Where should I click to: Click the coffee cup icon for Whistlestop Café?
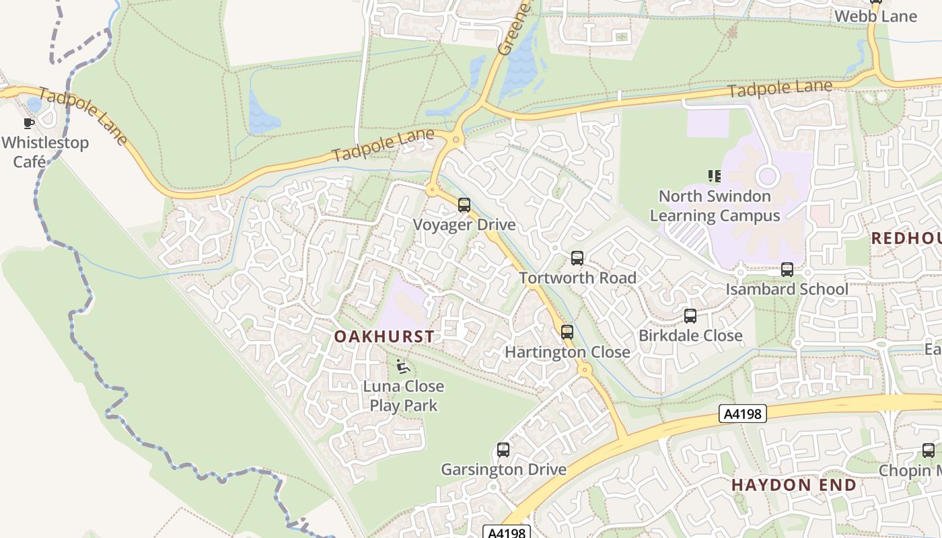click(x=28, y=123)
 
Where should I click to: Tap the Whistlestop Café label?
click(x=44, y=152)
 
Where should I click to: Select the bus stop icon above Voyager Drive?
click(x=464, y=205)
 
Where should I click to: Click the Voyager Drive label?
click(x=464, y=225)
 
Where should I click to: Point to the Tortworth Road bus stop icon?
click(x=577, y=258)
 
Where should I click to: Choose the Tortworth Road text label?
click(x=577, y=278)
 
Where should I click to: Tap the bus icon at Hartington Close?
click(x=567, y=332)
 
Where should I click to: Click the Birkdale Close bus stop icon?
click(x=690, y=315)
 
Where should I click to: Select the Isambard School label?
click(x=787, y=289)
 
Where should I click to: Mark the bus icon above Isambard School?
click(x=787, y=270)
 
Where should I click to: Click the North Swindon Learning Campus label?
click(x=715, y=206)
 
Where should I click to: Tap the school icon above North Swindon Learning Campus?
click(x=715, y=176)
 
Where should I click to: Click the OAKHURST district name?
click(x=384, y=336)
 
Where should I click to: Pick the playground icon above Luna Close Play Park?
click(x=402, y=367)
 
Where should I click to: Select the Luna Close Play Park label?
click(x=404, y=396)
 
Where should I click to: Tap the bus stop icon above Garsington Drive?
click(x=503, y=450)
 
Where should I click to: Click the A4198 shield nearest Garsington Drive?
click(x=507, y=533)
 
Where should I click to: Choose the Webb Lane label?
click(x=875, y=16)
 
